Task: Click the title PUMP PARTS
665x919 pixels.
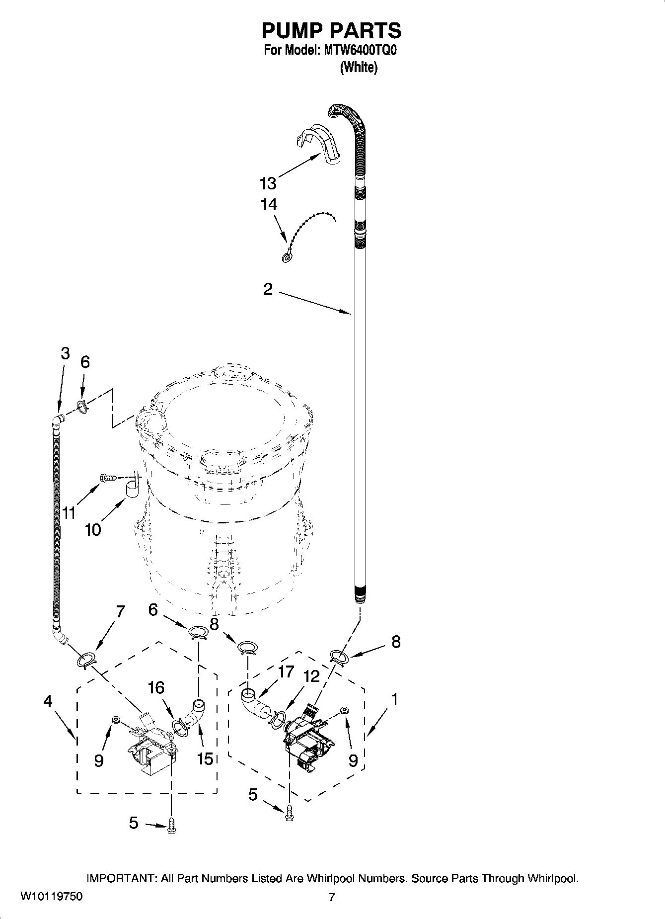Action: (x=331, y=31)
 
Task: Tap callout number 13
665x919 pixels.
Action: (x=268, y=183)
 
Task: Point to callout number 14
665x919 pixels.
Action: (x=269, y=204)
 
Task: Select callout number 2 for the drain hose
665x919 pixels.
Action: (x=268, y=289)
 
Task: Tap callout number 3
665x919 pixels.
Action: (x=65, y=353)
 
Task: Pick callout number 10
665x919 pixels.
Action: (x=93, y=530)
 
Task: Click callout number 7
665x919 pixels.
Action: (x=120, y=611)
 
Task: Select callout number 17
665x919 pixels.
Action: (x=286, y=672)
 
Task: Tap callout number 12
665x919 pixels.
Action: (x=311, y=676)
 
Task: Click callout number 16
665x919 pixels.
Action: (x=156, y=688)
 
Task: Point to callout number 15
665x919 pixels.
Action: (x=205, y=758)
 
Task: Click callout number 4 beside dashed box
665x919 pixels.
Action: (x=48, y=701)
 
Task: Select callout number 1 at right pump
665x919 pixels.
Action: (x=394, y=699)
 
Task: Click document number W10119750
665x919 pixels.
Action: (x=52, y=897)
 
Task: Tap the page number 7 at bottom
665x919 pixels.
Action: (x=332, y=897)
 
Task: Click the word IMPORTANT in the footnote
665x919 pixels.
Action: (x=121, y=878)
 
